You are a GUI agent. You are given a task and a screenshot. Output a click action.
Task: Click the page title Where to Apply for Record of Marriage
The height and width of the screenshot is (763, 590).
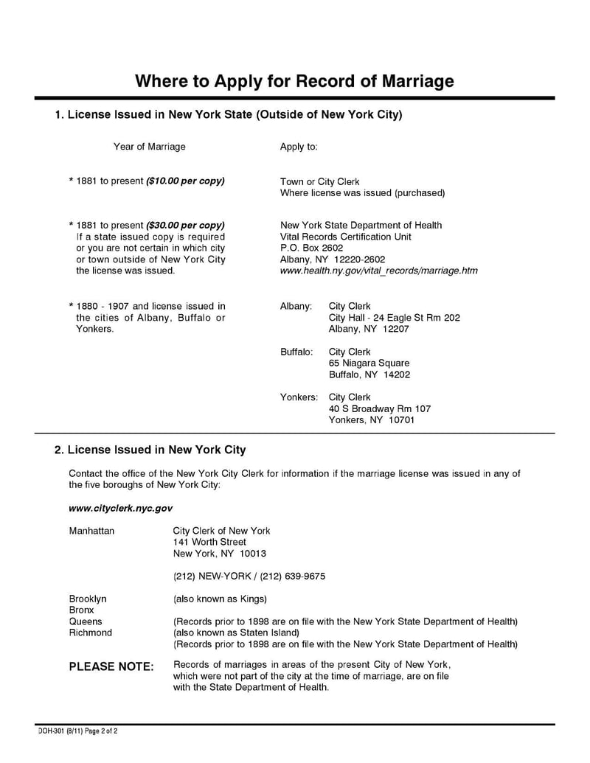pyautogui.click(x=294, y=80)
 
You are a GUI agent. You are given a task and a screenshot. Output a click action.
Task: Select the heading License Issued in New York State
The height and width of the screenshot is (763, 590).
pyautogui.click(x=229, y=115)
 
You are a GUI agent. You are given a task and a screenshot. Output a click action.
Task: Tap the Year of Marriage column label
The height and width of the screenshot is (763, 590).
pyautogui.click(x=149, y=147)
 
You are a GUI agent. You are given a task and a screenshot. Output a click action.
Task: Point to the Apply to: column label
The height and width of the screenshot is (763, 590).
pyautogui.click(x=299, y=147)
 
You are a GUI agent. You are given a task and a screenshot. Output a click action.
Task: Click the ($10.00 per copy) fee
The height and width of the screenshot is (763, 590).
pyautogui.click(x=185, y=181)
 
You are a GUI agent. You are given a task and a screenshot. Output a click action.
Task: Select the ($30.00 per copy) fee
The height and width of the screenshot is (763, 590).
pyautogui.click(x=185, y=225)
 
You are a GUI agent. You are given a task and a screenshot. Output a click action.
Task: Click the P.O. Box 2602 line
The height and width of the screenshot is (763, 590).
pyautogui.click(x=311, y=248)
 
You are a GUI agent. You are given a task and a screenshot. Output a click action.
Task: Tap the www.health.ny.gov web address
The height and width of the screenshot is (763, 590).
pyautogui.click(x=378, y=271)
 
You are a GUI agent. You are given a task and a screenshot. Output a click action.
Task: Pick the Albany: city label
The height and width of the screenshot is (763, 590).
pyautogui.click(x=296, y=306)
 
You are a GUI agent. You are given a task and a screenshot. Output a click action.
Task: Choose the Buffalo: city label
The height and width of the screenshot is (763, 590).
pyautogui.click(x=296, y=352)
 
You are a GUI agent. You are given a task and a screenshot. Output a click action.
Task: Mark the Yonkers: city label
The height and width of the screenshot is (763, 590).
pyautogui.click(x=299, y=397)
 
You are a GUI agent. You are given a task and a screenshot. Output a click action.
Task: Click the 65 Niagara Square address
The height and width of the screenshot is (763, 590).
pyautogui.click(x=369, y=363)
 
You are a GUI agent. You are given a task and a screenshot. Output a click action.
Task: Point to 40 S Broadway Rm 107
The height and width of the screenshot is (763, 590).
pyautogui.click(x=379, y=408)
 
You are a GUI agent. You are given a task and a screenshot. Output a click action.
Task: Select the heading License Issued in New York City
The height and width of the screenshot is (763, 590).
pyautogui.click(x=150, y=450)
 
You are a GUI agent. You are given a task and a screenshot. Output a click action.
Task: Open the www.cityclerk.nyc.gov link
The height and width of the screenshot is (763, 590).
pyautogui.click(x=120, y=508)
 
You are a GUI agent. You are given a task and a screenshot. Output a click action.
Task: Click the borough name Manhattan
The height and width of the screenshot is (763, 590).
pyautogui.click(x=91, y=531)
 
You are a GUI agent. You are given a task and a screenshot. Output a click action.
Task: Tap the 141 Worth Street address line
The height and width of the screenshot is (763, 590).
pyautogui.click(x=209, y=542)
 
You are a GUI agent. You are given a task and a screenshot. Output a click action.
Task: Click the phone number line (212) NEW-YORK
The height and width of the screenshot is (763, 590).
pyautogui.click(x=249, y=576)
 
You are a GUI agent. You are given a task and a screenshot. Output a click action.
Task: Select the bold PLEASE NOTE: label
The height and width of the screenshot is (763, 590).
pyautogui.click(x=111, y=666)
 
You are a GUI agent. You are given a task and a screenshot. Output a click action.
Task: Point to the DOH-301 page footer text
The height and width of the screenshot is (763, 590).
pyautogui.click(x=77, y=731)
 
